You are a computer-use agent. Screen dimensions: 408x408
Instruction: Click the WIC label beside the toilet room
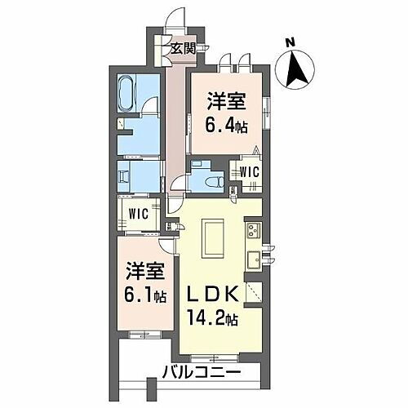249,171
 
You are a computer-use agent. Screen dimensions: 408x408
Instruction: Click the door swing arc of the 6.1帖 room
167,242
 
